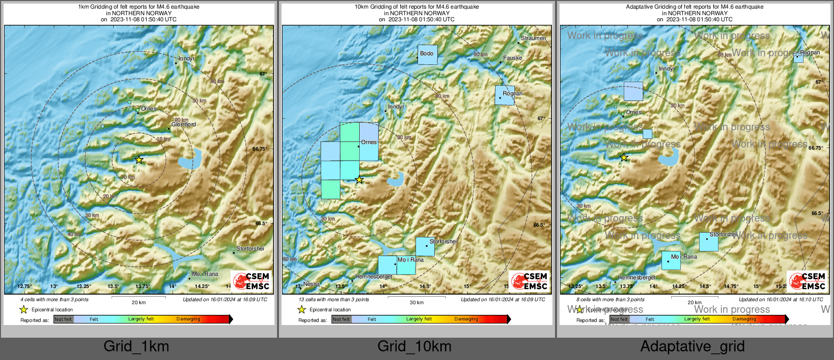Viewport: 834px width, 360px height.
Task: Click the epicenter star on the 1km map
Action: click(x=139, y=160)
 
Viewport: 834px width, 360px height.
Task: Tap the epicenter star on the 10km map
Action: click(x=359, y=180)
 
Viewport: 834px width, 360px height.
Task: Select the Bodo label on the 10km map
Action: click(x=427, y=53)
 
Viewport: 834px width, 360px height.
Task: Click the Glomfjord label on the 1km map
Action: click(x=184, y=124)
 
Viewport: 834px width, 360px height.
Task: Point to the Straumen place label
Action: click(x=533, y=38)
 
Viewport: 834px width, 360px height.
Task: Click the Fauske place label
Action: click(x=512, y=58)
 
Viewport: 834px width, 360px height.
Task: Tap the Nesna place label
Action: click(x=311, y=284)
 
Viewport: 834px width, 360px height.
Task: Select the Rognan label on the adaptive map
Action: click(x=810, y=52)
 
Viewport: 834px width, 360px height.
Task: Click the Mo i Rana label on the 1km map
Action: click(x=205, y=274)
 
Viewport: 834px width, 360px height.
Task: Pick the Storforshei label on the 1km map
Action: click(x=250, y=248)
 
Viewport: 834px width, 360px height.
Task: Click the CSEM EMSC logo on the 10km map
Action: click(x=529, y=281)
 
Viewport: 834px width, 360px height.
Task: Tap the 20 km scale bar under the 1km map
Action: click(x=138, y=297)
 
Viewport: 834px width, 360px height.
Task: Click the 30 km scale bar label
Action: click(x=416, y=303)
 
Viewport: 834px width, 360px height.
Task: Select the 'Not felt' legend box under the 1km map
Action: click(x=63, y=319)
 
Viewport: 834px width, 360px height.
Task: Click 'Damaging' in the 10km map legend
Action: click(x=466, y=319)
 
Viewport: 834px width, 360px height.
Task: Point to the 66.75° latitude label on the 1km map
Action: click(x=259, y=149)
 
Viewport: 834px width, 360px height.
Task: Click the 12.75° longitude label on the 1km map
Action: click(x=24, y=286)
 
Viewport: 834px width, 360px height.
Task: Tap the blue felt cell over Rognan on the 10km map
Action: click(x=505, y=95)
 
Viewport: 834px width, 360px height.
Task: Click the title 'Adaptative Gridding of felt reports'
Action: click(x=694, y=7)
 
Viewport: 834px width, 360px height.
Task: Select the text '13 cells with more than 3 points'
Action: click(x=334, y=300)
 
